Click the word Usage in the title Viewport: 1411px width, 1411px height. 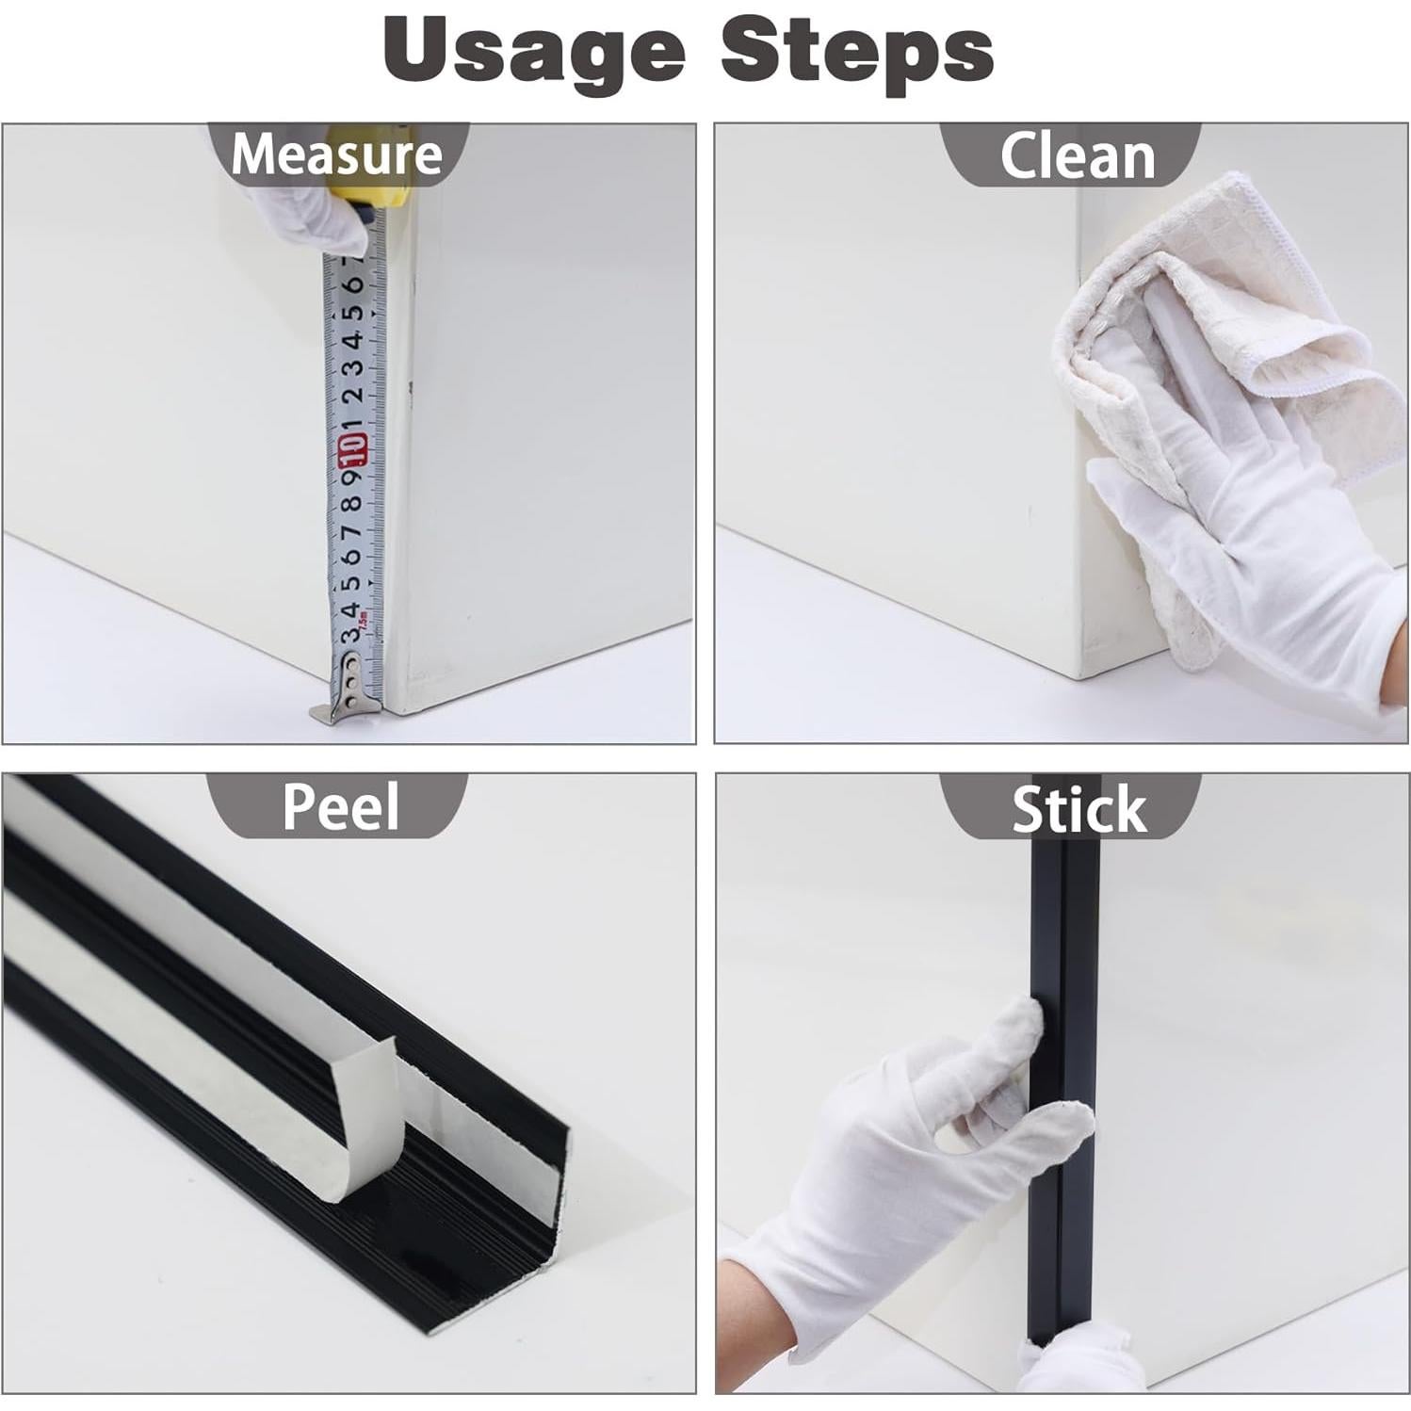(533, 52)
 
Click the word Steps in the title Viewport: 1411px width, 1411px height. (856, 52)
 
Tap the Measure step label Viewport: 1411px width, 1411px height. (336, 154)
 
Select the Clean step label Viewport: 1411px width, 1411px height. (1077, 156)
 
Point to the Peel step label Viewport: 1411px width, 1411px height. (340, 806)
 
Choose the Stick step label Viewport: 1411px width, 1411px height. (1079, 809)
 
